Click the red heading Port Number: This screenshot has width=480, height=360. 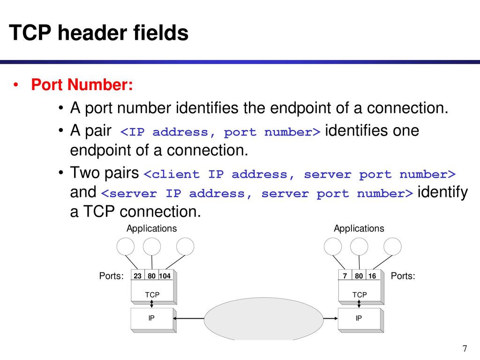[82, 84]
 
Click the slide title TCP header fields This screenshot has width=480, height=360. [98, 33]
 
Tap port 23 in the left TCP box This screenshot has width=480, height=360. [137, 276]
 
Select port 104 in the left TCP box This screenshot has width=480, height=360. [165, 276]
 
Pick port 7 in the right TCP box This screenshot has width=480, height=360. [345, 276]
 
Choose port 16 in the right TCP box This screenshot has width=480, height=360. [372, 276]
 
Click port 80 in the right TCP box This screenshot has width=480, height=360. [359, 276]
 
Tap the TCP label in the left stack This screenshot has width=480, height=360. [152, 294]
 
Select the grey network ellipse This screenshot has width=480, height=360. [263, 319]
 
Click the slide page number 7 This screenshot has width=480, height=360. [465, 348]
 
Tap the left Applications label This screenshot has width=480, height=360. [151, 228]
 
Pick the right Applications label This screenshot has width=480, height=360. [359, 228]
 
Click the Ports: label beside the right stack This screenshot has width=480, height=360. [403, 276]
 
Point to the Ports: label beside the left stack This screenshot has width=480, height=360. [112, 276]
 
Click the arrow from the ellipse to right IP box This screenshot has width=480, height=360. [330, 318]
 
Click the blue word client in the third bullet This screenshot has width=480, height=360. [175, 174]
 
